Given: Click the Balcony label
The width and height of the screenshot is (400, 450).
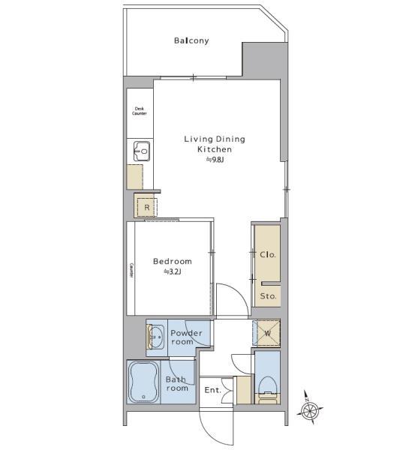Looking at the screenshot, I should pos(191,40).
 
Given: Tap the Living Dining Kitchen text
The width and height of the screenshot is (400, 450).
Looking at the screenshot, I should pos(215,144).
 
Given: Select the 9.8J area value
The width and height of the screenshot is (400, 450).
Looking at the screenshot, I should pos(215,160).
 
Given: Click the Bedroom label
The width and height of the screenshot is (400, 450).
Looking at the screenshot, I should pos(172,262).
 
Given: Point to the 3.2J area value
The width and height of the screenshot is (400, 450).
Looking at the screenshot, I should pos(173,272).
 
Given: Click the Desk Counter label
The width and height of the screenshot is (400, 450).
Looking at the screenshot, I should pos(139,111).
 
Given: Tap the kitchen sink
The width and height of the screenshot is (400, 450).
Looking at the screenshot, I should pos(141,151).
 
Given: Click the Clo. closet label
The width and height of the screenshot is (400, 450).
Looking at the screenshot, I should pos(268,254).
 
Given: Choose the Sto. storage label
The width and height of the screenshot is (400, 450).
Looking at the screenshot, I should pos(268,295).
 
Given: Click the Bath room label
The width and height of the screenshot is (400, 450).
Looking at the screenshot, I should pos(176,384).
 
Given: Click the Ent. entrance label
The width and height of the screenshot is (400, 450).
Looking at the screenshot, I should pos(212,390).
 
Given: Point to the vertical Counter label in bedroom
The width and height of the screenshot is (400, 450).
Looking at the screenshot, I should pos(131,270).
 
